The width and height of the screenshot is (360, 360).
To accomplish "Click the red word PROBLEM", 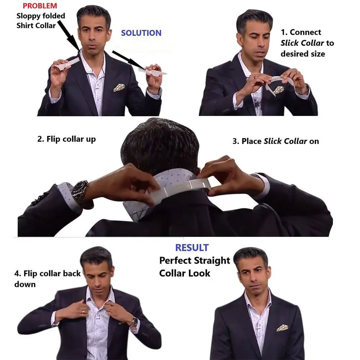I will tap(40, 6).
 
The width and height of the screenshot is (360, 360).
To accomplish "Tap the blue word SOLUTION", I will tap(141, 33).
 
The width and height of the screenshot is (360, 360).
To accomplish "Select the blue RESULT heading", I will tap(192, 248).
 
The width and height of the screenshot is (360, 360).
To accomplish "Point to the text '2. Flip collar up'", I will tap(67, 139).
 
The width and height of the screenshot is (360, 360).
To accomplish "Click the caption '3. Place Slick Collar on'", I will tap(275, 141).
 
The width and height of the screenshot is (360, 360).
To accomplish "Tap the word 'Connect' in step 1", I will tap(305, 32).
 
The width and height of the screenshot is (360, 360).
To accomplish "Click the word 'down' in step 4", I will tap(25, 284).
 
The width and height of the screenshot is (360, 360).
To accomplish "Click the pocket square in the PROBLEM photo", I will tap(119, 87).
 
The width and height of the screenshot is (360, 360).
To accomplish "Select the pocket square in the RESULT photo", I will tap(282, 328).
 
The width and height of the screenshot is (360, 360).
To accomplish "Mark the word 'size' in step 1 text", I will tap(317, 54).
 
